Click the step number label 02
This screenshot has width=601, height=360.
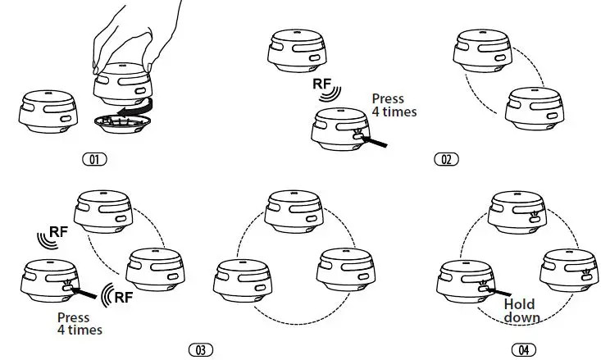[x=446, y=158]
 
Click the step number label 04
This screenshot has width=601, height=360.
[x=522, y=350]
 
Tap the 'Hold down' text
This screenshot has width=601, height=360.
[x=519, y=311]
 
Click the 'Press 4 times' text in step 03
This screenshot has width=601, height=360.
[x=80, y=323]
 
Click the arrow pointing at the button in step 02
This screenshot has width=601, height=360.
[x=374, y=142]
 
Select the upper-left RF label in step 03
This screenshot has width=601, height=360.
[x=59, y=231]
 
